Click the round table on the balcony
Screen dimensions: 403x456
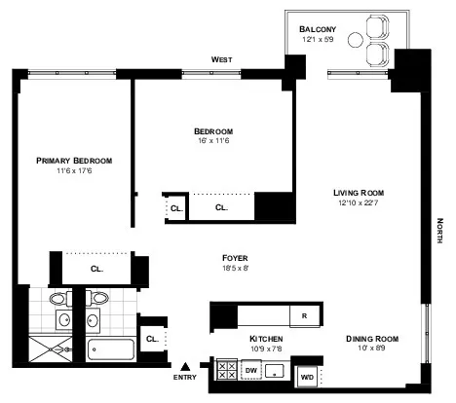(355, 42)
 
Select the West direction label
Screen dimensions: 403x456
(221, 59)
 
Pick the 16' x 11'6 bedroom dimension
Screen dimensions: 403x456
(211, 142)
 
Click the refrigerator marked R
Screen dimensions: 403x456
(304, 315)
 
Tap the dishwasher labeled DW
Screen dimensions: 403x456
(250, 371)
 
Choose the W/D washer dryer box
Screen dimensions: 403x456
(307, 375)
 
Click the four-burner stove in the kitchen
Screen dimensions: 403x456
(225, 371)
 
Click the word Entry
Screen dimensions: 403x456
(184, 377)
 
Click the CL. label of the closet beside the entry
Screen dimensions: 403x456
(152, 339)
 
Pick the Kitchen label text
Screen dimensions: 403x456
(239, 339)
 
